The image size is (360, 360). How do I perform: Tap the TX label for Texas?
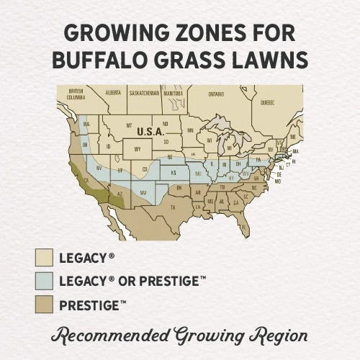172,207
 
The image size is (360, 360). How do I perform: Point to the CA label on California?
85,179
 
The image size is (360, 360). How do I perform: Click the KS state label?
173,173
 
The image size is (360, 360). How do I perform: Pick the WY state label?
137,150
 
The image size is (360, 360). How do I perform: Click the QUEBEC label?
266,102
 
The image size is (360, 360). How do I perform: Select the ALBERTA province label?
113,93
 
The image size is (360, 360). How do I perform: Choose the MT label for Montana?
129,125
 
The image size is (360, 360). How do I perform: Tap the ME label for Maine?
292,134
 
